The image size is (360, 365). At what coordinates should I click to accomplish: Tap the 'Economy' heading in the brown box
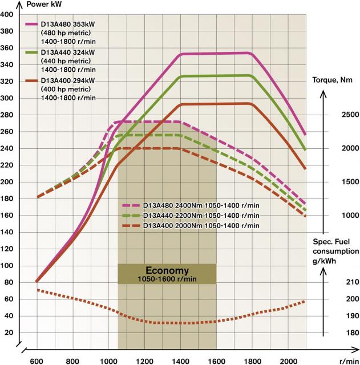167,270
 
